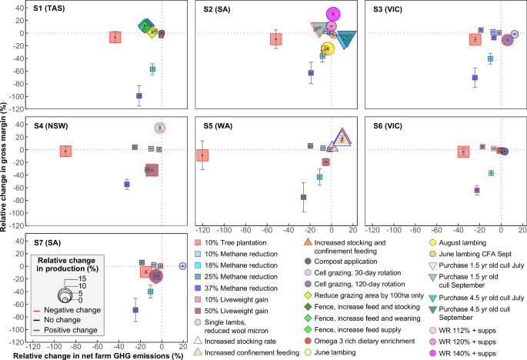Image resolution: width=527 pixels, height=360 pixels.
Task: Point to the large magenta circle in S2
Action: pos(332,14)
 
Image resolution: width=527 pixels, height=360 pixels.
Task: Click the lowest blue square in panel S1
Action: pos(138,95)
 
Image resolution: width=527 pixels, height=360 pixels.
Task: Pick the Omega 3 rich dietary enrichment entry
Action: pos(354,341)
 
